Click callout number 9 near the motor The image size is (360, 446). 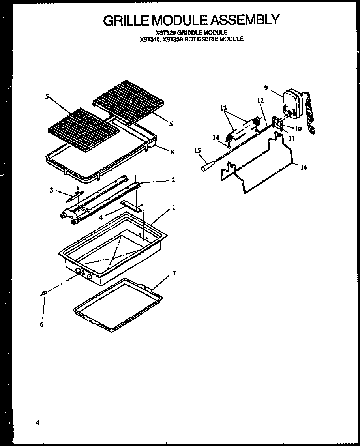tap(266, 88)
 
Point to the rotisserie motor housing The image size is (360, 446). tap(292, 103)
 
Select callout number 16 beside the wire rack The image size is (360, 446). tap(304, 167)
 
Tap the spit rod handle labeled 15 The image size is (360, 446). tap(208, 167)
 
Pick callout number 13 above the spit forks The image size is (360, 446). tap(224, 108)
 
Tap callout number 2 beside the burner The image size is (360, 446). tap(173, 180)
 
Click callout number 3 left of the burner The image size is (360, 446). tap(51, 191)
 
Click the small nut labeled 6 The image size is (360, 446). tap(45, 292)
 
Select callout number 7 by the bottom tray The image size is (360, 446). tap(174, 274)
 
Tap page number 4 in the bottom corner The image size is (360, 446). tap(38, 423)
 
